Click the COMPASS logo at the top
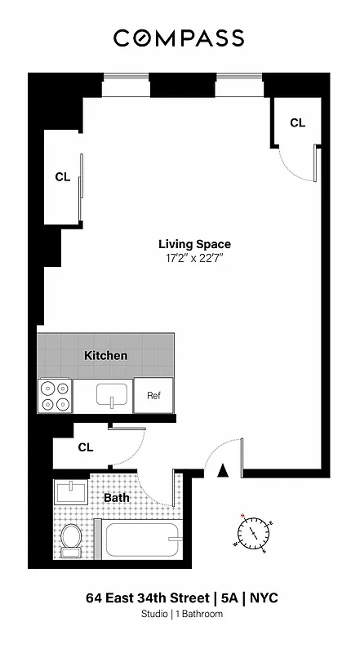point(179,38)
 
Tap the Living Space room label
point(194,244)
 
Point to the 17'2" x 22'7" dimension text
point(194,259)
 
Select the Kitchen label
point(106,356)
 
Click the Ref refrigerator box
point(153,396)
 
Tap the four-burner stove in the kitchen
point(55,397)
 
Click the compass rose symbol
point(254,531)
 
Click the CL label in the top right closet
point(297,122)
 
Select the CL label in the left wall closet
point(62,176)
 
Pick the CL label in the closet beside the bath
point(86,447)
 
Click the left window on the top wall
point(126,78)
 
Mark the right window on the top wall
point(238,78)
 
